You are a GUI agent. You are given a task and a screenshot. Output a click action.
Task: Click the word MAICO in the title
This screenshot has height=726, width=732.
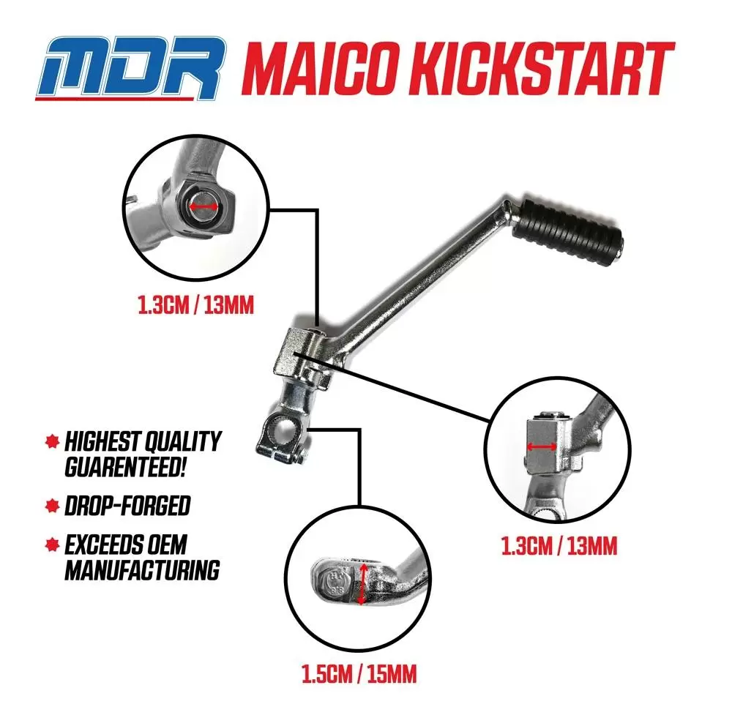coord(326,68)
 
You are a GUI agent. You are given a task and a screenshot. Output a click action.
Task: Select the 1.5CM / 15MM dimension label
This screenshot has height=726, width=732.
coord(359,675)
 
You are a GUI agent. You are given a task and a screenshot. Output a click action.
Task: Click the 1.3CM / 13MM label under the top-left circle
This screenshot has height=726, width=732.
coord(196,306)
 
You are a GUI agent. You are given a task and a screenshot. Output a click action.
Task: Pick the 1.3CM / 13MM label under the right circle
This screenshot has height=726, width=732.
coord(559,546)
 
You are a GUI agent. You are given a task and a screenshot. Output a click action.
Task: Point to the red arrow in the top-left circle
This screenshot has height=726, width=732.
coord(203,207)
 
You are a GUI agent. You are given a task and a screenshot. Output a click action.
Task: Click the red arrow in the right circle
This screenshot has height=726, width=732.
coord(542,447)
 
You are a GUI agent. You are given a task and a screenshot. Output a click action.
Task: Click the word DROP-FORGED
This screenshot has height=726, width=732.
coord(127,506)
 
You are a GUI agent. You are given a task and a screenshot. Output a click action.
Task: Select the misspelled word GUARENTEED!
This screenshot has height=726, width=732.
coord(126,467)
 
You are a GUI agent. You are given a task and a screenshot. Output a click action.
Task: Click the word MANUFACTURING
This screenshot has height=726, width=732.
coord(142,570)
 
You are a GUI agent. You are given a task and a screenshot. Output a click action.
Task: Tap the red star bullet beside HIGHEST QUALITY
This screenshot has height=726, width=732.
coord(52,441)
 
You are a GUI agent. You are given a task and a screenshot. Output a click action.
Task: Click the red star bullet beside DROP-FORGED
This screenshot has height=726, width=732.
coord(52,506)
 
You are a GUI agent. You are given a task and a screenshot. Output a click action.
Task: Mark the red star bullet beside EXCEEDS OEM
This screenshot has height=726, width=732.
coord(52,544)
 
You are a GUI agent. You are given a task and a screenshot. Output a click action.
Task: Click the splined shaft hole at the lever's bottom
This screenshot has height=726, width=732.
coord(283,429)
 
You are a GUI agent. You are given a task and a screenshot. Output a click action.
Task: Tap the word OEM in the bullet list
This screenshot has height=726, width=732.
coord(167,544)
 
